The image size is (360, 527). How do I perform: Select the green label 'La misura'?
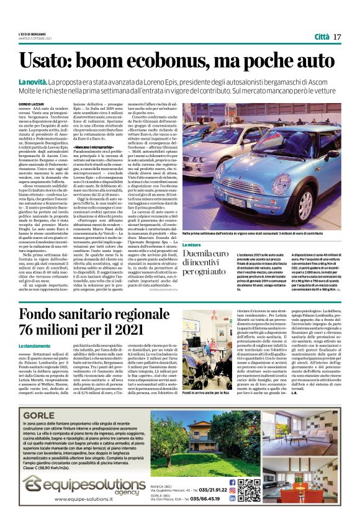192,245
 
